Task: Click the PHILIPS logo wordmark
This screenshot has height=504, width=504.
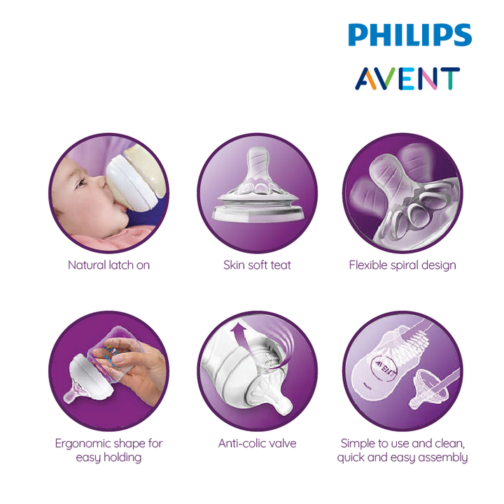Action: coord(409,35)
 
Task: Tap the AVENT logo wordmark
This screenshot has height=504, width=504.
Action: coord(407,78)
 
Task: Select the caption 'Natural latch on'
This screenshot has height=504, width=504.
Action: coord(109,265)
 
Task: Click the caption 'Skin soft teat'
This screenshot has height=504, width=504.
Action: coord(257,265)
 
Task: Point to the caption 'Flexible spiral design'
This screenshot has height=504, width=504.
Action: coord(402,265)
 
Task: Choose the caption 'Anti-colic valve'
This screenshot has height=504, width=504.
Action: coord(257,444)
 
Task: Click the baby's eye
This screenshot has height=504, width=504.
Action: coord(80,183)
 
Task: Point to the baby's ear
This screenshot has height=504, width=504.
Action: coord(58,212)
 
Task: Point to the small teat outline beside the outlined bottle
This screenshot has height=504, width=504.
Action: coord(428,390)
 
